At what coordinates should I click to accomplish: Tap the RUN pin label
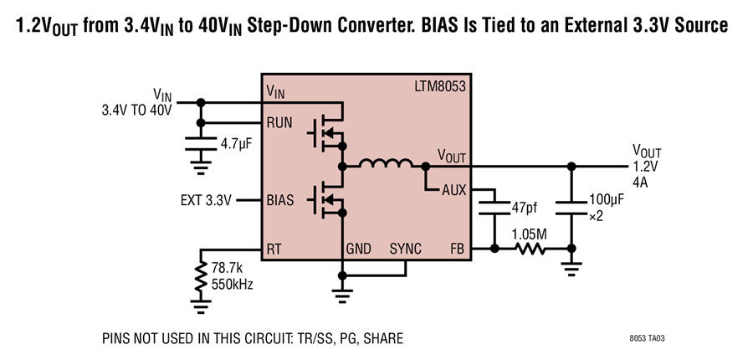279,123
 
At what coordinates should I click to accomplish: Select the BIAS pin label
280,200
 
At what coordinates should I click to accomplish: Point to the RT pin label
274,249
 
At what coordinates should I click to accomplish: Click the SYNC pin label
405,249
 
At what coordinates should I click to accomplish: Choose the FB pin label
458,249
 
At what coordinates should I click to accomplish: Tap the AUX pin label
454,191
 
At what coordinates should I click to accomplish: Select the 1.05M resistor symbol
530,249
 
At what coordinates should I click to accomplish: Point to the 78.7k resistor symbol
201,276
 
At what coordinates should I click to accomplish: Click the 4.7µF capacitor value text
236,144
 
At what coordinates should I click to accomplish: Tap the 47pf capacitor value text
525,208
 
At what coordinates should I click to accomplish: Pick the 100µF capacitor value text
607,200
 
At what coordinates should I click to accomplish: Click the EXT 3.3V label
206,200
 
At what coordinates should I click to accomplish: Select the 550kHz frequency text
232,284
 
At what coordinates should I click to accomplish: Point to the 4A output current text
640,183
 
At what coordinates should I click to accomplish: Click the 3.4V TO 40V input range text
136,110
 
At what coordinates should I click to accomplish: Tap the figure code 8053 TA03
648,338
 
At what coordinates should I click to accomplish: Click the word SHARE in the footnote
383,338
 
